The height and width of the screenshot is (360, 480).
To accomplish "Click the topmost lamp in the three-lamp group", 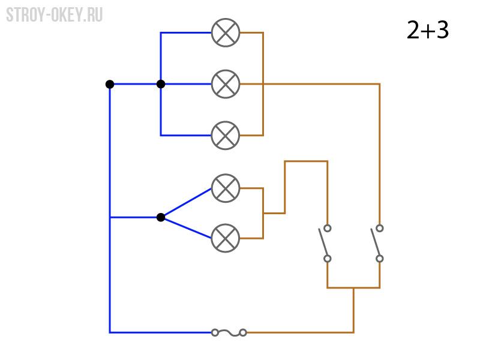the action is point(226,32).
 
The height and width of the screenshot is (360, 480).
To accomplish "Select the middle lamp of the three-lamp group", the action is point(226,84).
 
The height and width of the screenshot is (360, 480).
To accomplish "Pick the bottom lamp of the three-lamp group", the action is point(226,136).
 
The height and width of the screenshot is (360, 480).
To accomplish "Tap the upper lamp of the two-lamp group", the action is point(226,188).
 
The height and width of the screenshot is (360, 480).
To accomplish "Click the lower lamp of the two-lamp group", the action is point(226,238).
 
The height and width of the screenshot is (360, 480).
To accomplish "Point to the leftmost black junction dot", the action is point(110,84).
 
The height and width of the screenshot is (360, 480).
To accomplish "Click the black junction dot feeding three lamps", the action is point(161,84).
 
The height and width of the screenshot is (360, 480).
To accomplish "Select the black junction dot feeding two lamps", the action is point(161,217).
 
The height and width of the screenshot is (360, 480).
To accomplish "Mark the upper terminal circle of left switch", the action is point(328,228).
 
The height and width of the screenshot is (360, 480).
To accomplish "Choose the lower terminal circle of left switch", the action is point(328,259).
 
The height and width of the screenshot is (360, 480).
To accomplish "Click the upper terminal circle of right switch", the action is point(380,228).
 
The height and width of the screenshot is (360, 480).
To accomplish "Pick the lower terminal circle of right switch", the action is point(380,259).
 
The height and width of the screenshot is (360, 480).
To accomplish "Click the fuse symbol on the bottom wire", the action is point(229,332).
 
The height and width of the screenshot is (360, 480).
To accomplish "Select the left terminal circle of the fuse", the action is point(215,332).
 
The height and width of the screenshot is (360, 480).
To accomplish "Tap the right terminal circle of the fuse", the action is point(243,332).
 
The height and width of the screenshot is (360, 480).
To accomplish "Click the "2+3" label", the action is point(428,29).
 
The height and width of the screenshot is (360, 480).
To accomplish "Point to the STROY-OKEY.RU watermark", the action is point(54,14).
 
